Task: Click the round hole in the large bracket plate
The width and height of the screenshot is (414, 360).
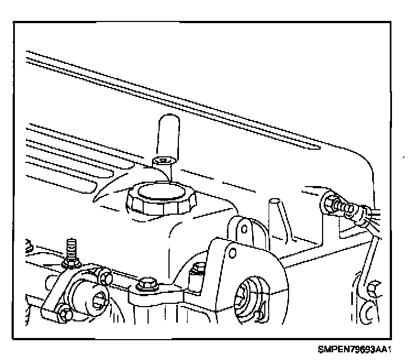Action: (232, 253)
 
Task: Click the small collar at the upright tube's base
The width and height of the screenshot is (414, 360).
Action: (164, 161)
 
